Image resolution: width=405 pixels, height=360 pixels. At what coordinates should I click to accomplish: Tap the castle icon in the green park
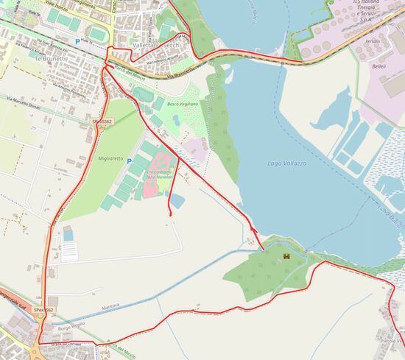tap(286, 255)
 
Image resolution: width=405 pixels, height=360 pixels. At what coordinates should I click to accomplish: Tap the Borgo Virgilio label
tap(73, 324)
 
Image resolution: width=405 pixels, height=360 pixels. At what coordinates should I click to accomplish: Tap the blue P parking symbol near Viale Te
tap(77, 32)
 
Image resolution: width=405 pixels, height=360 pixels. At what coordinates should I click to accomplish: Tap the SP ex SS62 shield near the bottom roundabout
tap(43, 311)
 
